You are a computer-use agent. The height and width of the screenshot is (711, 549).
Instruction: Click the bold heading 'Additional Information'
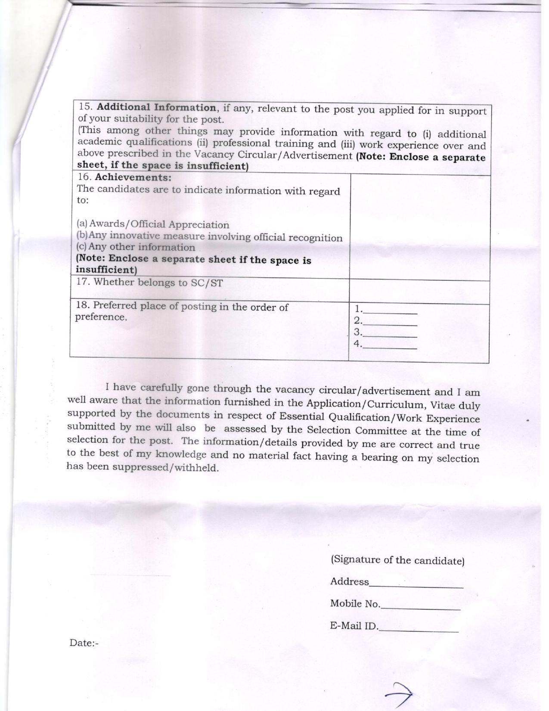point(156,107)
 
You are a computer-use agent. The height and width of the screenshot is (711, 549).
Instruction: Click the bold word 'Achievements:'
point(133,177)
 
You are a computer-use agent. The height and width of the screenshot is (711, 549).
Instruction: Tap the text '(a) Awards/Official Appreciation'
point(153,224)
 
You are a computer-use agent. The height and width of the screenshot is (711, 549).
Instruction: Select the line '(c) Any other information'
point(136,247)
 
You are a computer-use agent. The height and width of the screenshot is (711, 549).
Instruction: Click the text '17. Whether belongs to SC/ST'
point(149,283)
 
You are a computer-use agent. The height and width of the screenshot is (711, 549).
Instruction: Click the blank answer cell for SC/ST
point(419,292)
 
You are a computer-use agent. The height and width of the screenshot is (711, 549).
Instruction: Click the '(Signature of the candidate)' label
point(397,560)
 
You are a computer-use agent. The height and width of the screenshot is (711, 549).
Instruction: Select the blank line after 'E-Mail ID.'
point(419,628)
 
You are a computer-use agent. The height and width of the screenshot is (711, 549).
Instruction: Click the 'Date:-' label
point(84,643)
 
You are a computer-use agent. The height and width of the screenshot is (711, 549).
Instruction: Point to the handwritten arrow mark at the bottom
point(399,693)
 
